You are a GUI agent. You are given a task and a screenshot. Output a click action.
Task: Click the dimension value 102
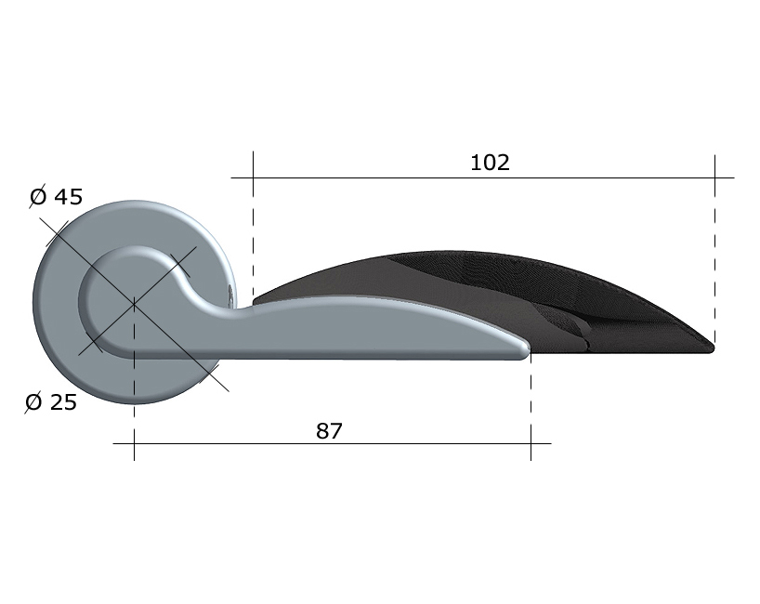pos(490,163)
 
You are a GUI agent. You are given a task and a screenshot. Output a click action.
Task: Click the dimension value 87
pos(329,431)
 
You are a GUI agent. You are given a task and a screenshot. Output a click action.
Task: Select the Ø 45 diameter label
pos(57,196)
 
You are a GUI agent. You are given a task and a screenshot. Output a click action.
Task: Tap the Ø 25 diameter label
pos(51,402)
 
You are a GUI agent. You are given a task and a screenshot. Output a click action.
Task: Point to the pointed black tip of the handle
pos(712,348)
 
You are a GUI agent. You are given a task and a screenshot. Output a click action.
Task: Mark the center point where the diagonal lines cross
pos(134,304)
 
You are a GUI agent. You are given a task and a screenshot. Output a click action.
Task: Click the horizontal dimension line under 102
pos(483,177)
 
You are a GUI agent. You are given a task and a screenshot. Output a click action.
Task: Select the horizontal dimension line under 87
pos(332,443)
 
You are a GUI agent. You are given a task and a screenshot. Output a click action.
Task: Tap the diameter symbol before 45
pos(38,196)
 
